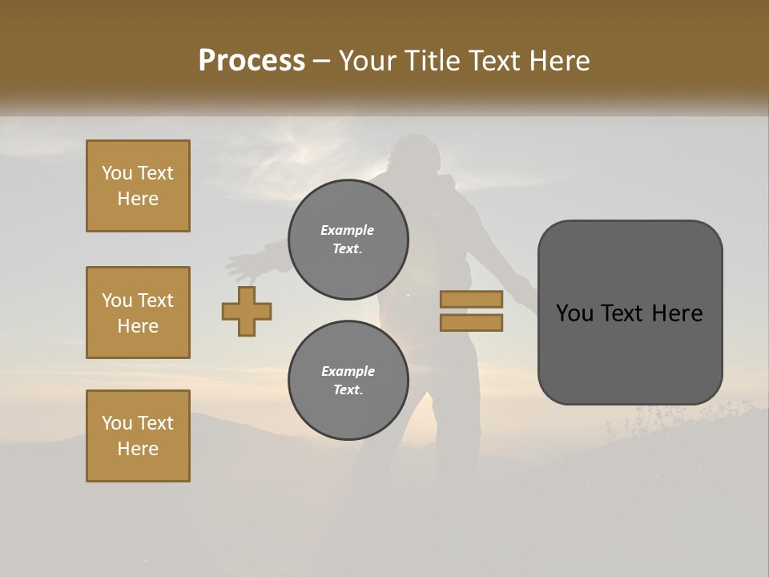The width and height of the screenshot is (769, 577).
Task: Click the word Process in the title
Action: [x=252, y=61]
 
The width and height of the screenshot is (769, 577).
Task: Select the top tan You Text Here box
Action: [x=138, y=186]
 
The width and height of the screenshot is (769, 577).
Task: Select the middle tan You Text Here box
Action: [x=138, y=313]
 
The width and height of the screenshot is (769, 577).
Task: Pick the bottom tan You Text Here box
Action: [x=138, y=435]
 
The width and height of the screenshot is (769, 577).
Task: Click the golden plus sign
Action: [x=247, y=311]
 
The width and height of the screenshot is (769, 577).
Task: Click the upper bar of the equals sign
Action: [x=471, y=299]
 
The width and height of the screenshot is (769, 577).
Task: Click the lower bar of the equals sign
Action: [x=471, y=323]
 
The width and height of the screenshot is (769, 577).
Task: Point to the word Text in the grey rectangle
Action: [x=627, y=313]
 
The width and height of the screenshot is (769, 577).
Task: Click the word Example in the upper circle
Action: [x=348, y=230]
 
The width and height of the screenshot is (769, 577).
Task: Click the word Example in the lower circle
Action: [x=348, y=371]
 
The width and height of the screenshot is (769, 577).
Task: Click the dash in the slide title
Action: [x=321, y=62]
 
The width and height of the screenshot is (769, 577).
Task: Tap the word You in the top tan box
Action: [x=116, y=173]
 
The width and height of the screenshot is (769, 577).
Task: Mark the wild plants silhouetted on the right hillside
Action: [x=665, y=417]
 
